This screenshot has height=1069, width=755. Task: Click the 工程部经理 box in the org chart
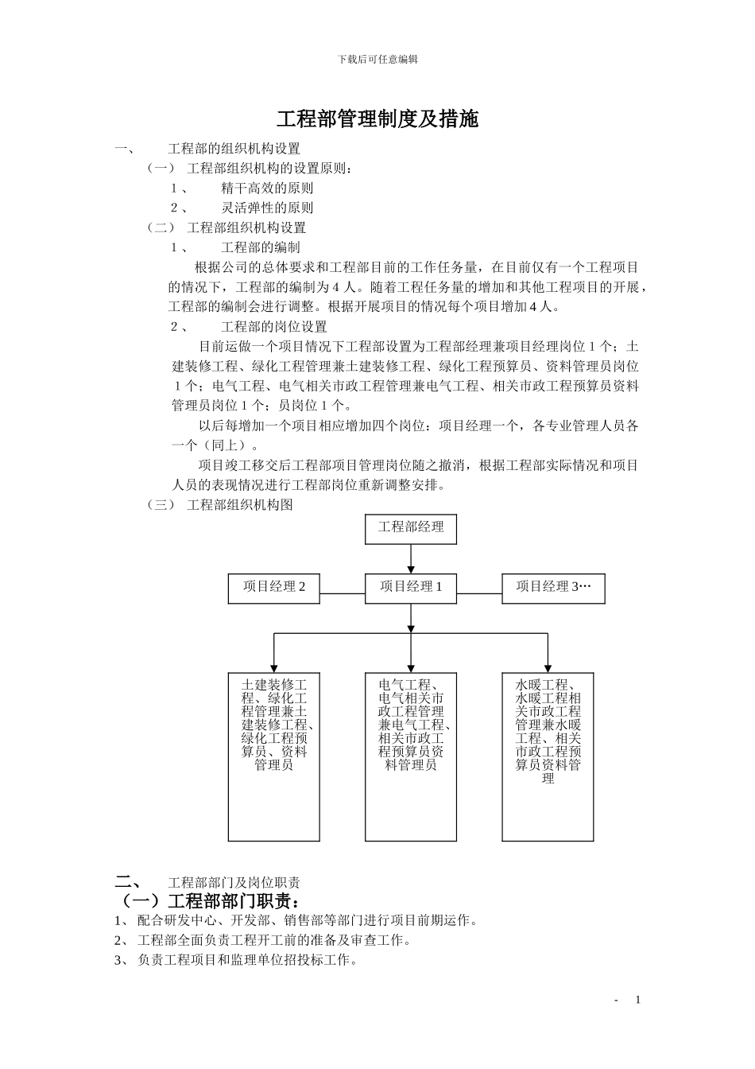(410, 529)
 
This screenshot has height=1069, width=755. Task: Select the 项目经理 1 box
(410, 588)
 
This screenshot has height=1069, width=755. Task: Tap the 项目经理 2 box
(274, 588)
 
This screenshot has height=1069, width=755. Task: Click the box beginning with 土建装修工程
(274, 756)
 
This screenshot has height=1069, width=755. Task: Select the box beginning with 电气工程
(410, 756)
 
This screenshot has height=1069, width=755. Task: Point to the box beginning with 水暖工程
(548, 756)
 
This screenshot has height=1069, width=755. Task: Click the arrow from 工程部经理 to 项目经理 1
(411, 558)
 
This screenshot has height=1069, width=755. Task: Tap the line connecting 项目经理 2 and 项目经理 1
(343, 593)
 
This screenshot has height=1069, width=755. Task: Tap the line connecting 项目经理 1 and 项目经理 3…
(479, 593)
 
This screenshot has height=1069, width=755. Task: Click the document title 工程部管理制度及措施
(377, 119)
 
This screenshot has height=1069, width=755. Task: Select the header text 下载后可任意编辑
(377, 60)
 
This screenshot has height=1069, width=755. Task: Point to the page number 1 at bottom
(637, 1000)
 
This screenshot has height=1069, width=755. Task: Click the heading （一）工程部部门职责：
(209, 902)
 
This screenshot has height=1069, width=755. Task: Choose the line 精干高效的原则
(267, 189)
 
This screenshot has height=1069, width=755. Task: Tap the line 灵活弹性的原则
(267, 208)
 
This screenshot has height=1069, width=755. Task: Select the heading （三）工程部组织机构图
(221, 505)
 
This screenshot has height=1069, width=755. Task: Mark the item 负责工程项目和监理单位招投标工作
(246, 960)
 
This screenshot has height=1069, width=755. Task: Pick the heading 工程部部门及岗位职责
(234, 883)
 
